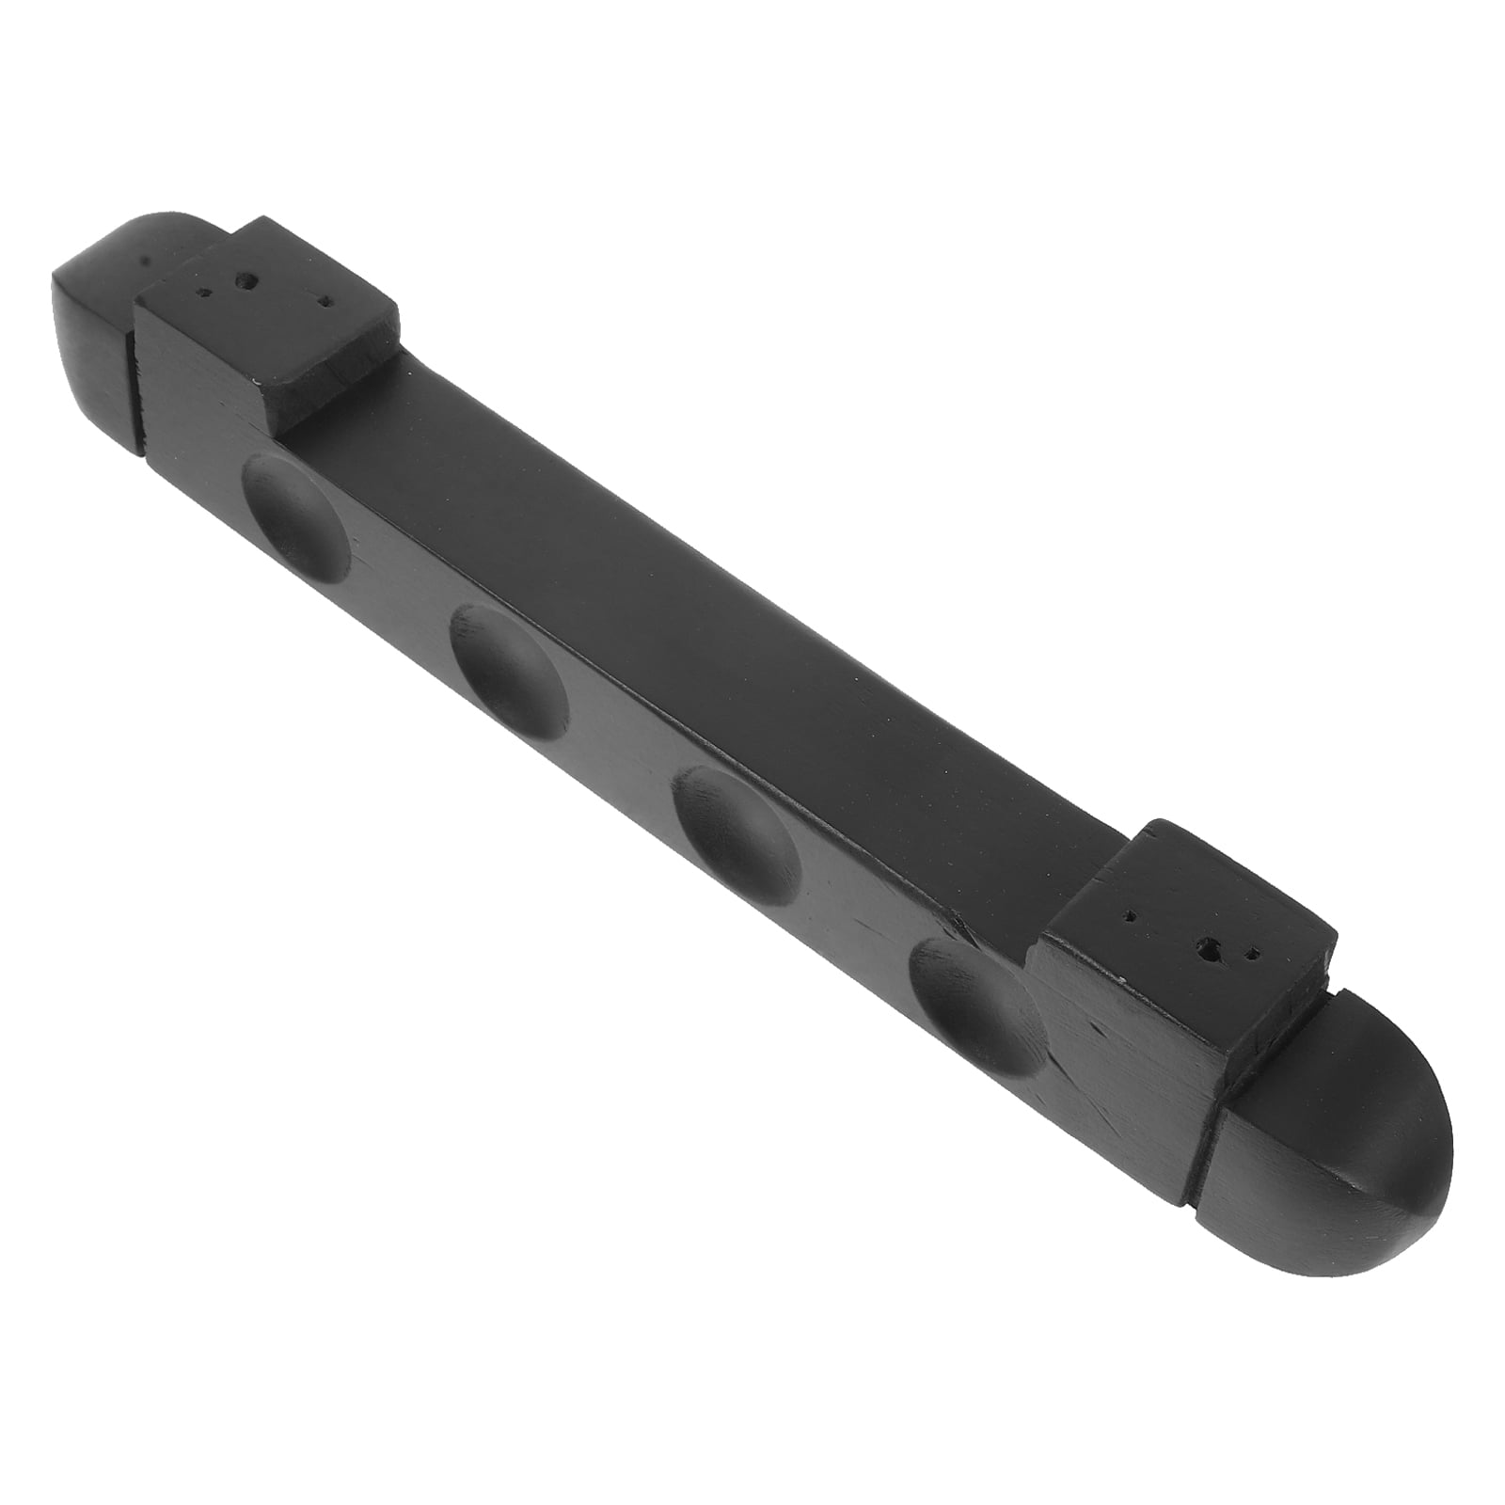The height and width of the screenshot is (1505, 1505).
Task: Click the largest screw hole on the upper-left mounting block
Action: coord(248,280)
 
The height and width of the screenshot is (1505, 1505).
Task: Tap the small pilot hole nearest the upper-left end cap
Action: coord(200,292)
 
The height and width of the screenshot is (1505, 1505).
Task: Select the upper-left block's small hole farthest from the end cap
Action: coord(325,303)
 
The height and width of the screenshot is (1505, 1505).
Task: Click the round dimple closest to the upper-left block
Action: coord(296,514)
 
